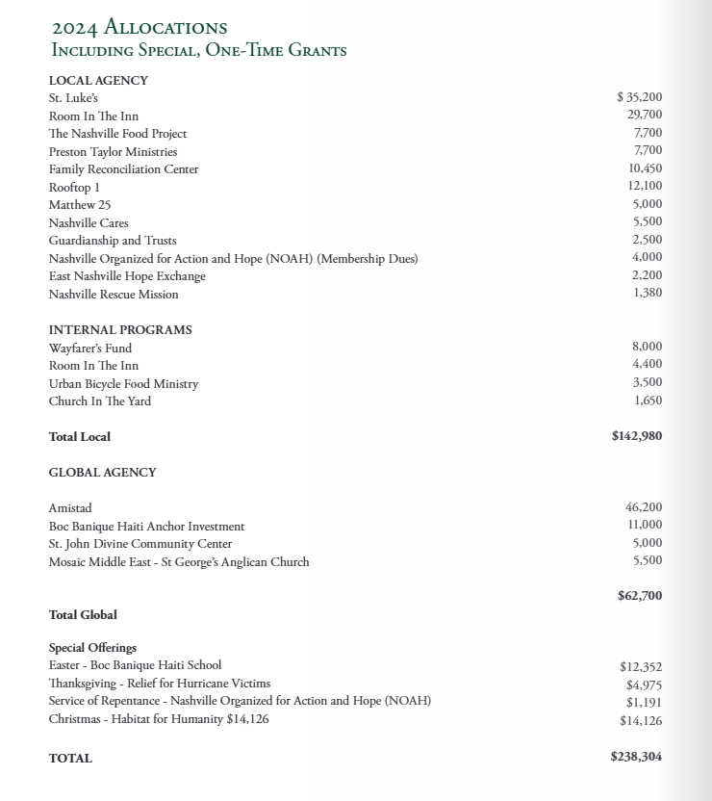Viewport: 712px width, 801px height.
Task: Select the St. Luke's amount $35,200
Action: point(639,97)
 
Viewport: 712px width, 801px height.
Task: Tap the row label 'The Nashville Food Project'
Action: point(117,134)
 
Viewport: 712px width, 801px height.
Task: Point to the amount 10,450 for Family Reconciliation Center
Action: point(644,169)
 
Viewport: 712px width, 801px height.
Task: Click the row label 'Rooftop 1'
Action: point(74,187)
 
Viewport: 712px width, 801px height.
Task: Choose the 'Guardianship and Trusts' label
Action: point(113,241)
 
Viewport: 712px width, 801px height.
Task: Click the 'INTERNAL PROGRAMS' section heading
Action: point(120,330)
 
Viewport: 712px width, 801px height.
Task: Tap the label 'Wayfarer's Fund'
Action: point(90,349)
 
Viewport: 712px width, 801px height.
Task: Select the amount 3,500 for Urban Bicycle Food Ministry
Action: point(648,383)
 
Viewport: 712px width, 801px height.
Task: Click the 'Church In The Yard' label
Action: point(100,401)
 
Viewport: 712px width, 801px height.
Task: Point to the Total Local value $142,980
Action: point(636,436)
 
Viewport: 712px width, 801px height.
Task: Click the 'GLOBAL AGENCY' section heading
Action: point(102,473)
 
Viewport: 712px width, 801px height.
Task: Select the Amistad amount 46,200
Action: point(644,507)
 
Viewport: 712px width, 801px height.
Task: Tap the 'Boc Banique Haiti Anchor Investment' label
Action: point(146,527)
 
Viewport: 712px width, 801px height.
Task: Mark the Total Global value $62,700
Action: point(640,596)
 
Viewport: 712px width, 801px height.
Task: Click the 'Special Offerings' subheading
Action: point(92,648)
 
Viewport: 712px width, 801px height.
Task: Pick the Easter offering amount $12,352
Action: point(641,666)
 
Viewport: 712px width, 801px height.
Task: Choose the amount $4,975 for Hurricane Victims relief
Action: point(644,685)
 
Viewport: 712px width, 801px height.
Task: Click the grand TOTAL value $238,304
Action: point(636,757)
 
